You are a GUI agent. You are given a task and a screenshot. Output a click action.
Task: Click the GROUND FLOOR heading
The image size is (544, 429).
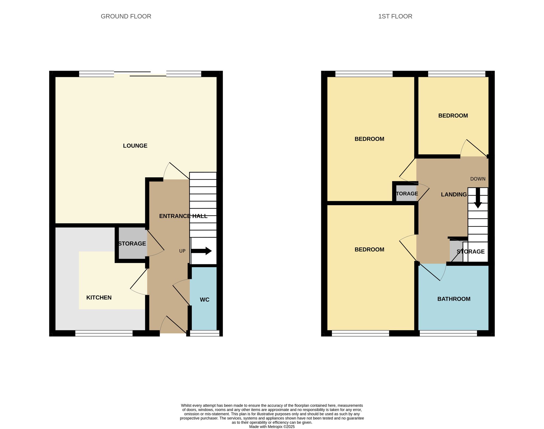(x=126, y=16)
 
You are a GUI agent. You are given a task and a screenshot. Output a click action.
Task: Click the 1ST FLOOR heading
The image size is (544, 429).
(x=395, y=16)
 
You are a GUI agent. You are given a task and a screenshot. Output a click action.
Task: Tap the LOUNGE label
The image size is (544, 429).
(x=135, y=146)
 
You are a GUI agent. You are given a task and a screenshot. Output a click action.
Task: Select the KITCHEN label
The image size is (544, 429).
(x=99, y=298)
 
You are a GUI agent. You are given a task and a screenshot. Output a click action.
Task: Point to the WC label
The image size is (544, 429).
(x=205, y=300)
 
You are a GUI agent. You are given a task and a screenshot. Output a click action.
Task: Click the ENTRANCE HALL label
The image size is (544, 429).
(x=183, y=216)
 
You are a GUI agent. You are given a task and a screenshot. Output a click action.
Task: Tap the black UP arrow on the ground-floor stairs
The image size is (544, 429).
(x=201, y=251)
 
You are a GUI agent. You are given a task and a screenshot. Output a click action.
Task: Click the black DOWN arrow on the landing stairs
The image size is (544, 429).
(x=478, y=198)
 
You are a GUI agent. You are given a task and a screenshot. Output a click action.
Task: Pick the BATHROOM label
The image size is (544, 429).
(x=454, y=299)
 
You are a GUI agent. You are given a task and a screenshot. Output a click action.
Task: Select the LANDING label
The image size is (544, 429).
(x=454, y=195)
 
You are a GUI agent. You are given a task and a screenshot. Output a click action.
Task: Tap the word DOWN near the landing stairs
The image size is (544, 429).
(x=478, y=179)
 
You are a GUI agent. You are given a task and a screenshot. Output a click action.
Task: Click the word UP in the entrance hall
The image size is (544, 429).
(x=182, y=251)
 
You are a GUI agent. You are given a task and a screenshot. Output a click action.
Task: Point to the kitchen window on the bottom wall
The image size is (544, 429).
(x=104, y=333)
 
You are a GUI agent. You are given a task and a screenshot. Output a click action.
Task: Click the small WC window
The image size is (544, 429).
(x=205, y=333)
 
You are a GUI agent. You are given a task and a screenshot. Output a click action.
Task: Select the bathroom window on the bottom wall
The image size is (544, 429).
(x=448, y=333)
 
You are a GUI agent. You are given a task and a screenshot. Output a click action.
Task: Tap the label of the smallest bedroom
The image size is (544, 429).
(x=453, y=116)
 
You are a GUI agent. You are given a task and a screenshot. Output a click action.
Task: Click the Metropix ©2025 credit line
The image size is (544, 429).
(x=272, y=427)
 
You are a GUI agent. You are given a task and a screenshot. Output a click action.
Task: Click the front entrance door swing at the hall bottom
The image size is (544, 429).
(x=173, y=325)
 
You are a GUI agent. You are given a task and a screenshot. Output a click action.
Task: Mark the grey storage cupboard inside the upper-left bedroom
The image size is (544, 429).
(x=406, y=193)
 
